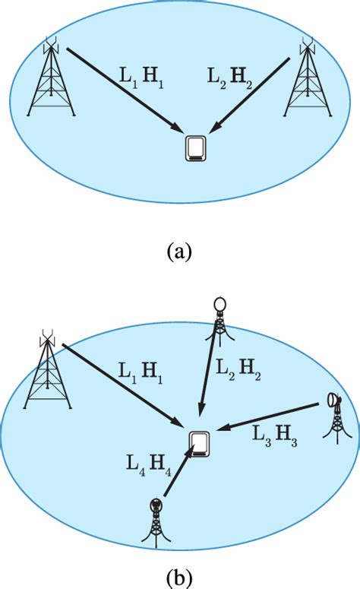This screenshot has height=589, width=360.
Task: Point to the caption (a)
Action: [179, 252]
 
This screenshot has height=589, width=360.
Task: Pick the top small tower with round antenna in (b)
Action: [219, 323]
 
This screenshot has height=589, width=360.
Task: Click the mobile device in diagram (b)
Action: [200, 443]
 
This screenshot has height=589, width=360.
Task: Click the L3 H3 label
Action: [274, 435]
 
